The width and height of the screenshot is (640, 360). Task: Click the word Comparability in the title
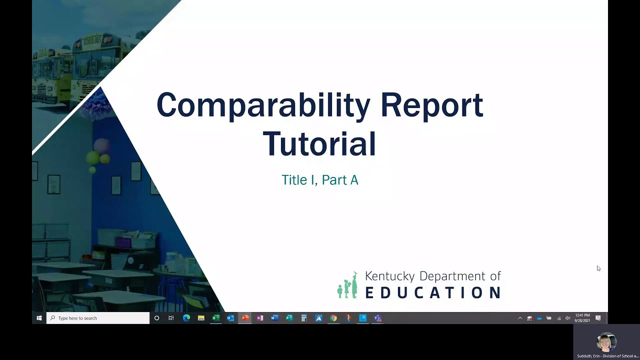pos(263,105)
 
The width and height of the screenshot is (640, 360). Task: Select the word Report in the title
pos(432,105)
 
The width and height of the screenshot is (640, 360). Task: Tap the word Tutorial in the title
pos(319,143)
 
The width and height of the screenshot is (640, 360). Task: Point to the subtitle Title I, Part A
pos(320,180)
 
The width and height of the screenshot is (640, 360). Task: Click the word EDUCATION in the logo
pos(433,292)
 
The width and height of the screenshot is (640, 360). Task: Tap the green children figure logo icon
pos(347,285)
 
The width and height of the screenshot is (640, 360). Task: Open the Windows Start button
pos(39,318)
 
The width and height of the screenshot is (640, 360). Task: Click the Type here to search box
pos(98,318)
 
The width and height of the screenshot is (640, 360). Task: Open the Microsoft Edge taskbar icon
pos(186,318)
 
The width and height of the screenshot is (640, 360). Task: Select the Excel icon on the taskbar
pos(216,318)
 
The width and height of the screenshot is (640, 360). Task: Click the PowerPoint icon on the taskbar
pos(245,318)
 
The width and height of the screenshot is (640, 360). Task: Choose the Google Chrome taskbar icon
pos(333,318)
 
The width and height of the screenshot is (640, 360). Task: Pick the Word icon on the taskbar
pos(274,318)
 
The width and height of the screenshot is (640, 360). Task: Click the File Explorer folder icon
pos(201,318)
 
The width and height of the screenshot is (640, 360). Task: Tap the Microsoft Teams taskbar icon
pos(378,318)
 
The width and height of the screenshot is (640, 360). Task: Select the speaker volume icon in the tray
pos(567,318)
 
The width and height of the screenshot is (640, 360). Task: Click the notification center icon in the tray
pos(598,318)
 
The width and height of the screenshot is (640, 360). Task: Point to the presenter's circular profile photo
pos(606,342)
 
